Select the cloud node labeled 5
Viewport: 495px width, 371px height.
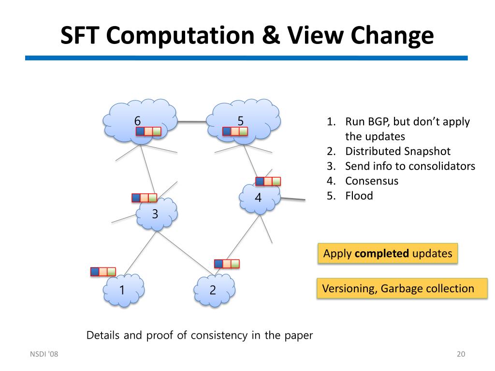(241, 119)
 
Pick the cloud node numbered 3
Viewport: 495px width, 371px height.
(156, 214)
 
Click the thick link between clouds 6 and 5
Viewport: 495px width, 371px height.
(192, 122)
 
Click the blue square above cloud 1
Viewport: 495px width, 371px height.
(95, 271)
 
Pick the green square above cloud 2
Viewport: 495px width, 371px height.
(235, 264)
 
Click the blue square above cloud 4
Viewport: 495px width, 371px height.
(260, 181)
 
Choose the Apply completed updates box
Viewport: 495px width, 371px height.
(388, 254)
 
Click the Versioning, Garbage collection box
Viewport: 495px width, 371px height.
(402, 289)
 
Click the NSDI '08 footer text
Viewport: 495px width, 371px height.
(44, 355)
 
